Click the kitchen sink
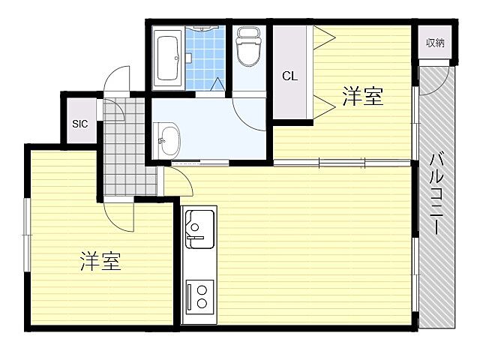coord(199,228)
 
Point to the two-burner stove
coord(199,295)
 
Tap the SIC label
coord(80,124)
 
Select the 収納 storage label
coord(436,43)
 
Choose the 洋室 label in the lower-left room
coord(100,262)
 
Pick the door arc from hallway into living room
coord(177,180)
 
